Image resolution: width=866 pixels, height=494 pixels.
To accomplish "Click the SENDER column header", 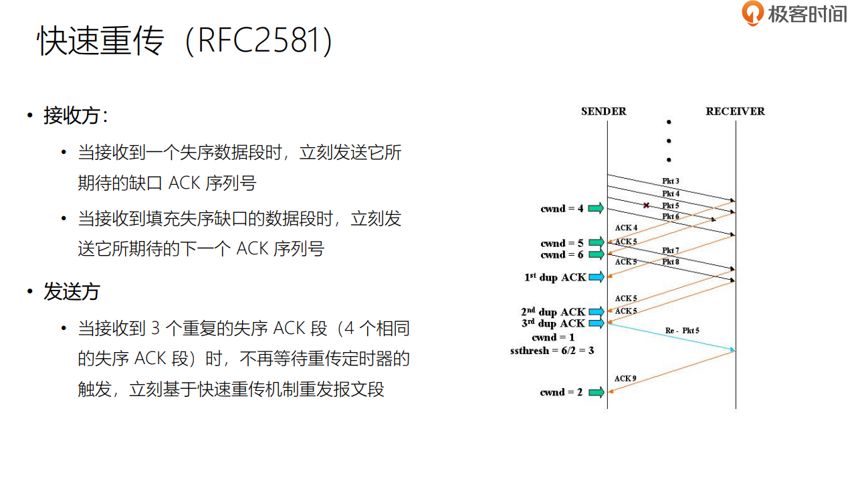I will coord(603,111).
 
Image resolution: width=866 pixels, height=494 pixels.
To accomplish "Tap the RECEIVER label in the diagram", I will coord(735,111).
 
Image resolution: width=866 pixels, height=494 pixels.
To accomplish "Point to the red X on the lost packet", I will coord(646,205).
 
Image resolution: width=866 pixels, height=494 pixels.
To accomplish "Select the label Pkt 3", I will coord(671,181).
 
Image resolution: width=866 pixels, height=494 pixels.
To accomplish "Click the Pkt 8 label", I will coord(671,262).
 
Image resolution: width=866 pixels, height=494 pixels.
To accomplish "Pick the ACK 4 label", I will coord(626,228).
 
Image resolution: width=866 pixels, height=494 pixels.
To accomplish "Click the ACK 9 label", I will coord(625,378).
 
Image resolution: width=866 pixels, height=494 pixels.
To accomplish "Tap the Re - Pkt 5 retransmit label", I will coord(682,331).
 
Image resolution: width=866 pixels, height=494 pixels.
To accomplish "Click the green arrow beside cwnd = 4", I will coord(596,208).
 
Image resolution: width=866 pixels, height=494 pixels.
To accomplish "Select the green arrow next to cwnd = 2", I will coord(596,392).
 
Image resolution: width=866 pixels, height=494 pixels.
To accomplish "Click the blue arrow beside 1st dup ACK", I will coord(596,277).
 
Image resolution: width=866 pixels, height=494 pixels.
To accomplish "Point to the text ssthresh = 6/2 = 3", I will coord(552,351).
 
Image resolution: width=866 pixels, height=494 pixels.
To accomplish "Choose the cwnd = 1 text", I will coord(553,337).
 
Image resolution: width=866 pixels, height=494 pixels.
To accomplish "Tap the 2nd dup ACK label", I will coord(553,312).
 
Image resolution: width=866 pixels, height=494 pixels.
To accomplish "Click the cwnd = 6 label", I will coord(562,254).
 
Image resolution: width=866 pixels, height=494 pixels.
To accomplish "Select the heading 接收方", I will coord(72,116).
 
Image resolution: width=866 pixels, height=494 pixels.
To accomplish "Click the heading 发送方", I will coord(72,292).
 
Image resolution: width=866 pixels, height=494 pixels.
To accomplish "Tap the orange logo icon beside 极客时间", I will coord(753,13).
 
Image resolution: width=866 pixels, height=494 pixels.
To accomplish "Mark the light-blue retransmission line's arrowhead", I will coord(733,350).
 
